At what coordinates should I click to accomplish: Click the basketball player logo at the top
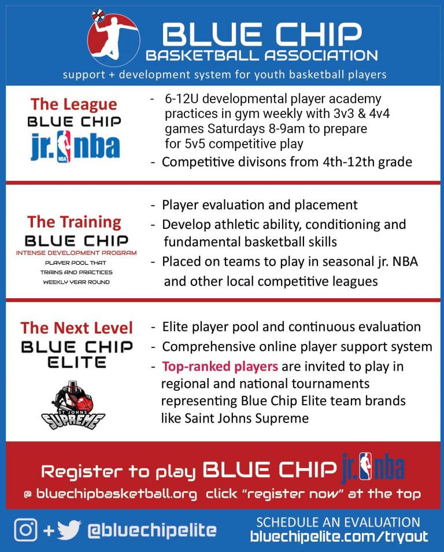[x=113, y=39]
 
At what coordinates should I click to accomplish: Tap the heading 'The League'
[x=73, y=104]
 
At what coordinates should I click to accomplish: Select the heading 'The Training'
[x=74, y=222]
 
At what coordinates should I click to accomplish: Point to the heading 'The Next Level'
[x=77, y=328]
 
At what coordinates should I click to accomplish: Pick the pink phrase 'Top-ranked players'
[x=220, y=366]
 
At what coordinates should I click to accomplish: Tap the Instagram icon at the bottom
[x=25, y=529]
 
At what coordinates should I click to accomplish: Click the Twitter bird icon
[x=69, y=529]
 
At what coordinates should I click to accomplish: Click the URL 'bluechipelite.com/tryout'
[x=339, y=536]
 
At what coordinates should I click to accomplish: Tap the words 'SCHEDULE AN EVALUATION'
[x=338, y=521]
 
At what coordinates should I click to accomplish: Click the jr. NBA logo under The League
[x=75, y=147]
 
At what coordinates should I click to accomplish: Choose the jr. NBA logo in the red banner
[x=373, y=466]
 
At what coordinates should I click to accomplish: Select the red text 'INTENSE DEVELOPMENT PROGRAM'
[x=76, y=253]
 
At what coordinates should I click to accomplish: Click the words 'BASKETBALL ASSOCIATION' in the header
[x=262, y=56]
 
